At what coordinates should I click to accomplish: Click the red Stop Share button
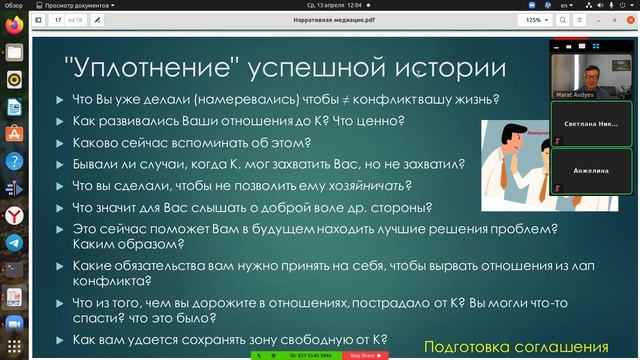pyautogui.click(x=361, y=355)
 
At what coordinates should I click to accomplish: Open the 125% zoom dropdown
pyautogui.click(x=536, y=19)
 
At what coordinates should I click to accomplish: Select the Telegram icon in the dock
pyautogui.click(x=13, y=242)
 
